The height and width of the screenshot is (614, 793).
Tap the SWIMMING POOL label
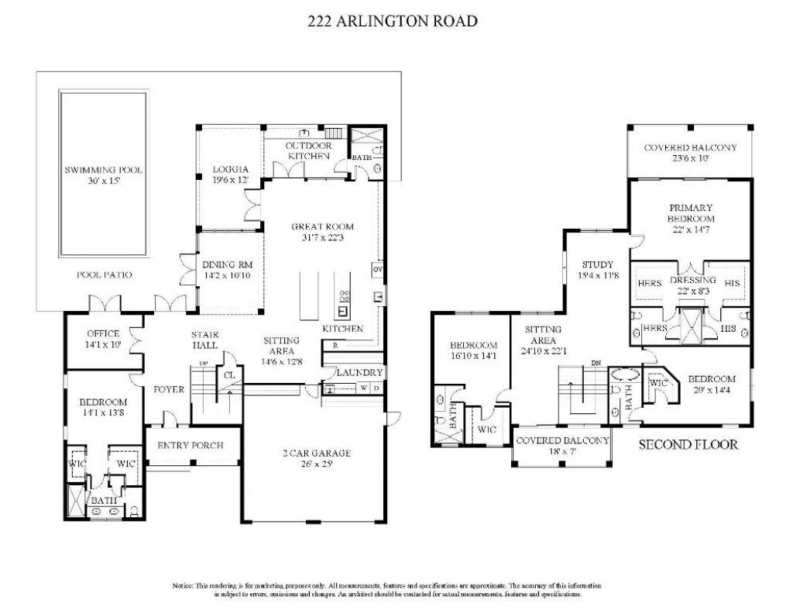[103, 171]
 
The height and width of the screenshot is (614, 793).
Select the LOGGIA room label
[230, 170]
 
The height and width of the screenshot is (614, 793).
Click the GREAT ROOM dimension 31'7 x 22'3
[322, 239]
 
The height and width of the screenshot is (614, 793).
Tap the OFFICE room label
[102, 334]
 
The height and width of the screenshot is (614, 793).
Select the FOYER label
[169, 389]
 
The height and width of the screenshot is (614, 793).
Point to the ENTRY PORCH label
[191, 446]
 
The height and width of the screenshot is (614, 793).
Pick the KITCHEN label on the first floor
[342, 329]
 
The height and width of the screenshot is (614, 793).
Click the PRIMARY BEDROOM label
[690, 213]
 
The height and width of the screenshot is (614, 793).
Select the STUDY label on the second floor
[597, 264]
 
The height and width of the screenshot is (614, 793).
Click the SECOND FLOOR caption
[688, 445]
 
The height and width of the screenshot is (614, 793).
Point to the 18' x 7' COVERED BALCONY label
[561, 440]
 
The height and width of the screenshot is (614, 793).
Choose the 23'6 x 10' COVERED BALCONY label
[690, 147]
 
